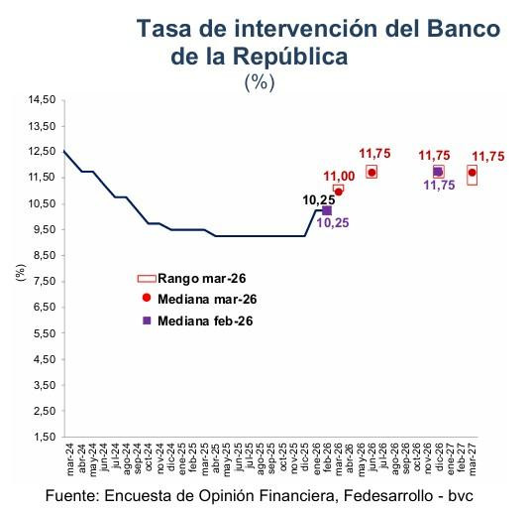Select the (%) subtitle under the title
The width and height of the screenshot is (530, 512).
[x=259, y=83]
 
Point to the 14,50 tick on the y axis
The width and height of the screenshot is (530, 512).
[x=44, y=100]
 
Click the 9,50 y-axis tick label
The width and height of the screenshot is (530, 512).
[x=44, y=229]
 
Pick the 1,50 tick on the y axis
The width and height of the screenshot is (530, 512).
[x=44, y=437]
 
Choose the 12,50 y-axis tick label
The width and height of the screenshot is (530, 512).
[x=44, y=152]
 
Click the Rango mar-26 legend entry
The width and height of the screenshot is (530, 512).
[x=197, y=278]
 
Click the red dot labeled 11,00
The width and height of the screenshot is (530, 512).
[x=339, y=191]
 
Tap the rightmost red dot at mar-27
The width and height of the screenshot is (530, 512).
[x=472, y=173]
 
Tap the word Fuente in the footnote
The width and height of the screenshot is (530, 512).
[x=74, y=493]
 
